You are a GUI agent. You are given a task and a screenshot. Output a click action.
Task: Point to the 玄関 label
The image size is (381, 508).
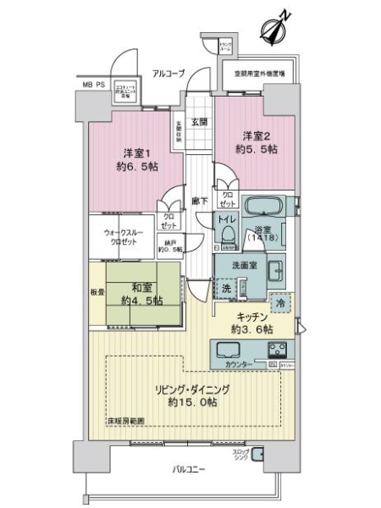pyautogui.click(x=199, y=122)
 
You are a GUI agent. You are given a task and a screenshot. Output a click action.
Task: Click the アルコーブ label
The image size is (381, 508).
pyautogui.click(x=168, y=74)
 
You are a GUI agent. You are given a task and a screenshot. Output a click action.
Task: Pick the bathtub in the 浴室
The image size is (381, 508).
pyautogui.click(x=264, y=207)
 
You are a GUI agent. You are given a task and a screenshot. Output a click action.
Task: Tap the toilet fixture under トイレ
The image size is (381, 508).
pyautogui.click(x=227, y=239)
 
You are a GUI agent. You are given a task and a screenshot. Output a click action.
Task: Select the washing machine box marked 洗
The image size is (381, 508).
pyautogui.click(x=226, y=288)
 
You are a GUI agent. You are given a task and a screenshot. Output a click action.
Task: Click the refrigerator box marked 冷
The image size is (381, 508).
pyautogui.click(x=279, y=301)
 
